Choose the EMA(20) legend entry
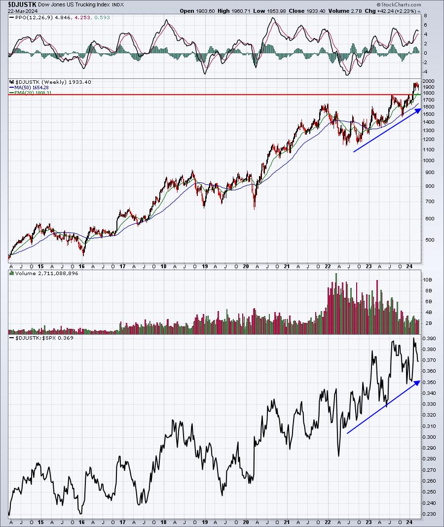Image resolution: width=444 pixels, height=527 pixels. pos(32,93)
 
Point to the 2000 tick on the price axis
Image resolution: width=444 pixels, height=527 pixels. pos(428,81)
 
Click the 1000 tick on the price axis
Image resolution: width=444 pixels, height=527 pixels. pos(428,161)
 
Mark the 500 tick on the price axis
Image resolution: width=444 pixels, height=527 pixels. pos(427,240)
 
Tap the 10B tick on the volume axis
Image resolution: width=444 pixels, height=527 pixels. pos(427,279)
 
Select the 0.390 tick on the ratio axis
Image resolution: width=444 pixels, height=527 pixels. pos(430,339)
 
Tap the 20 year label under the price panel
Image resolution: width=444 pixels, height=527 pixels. pos(246,266)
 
